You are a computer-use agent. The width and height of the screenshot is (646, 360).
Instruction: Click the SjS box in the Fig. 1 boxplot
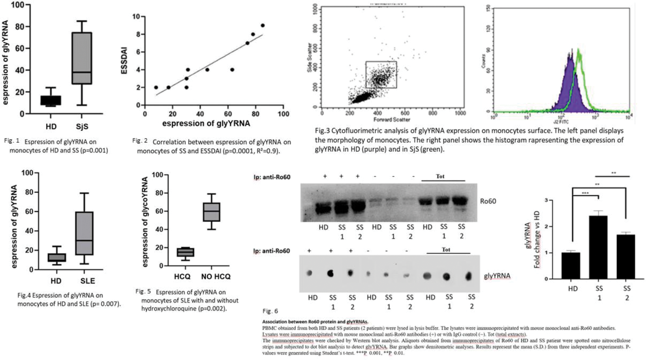[x=81, y=58]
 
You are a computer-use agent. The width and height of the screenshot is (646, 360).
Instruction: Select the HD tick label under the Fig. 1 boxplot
[x=51, y=127]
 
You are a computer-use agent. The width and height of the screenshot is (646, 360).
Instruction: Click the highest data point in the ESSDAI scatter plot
[x=262, y=26]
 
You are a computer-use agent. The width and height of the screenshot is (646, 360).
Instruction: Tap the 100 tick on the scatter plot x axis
[x=283, y=114]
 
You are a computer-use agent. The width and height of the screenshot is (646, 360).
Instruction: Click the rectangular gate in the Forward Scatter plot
[x=381, y=75]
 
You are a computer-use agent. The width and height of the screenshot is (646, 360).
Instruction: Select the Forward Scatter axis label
[x=392, y=120]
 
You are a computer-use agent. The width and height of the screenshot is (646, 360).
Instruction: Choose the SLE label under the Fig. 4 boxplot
[x=87, y=281]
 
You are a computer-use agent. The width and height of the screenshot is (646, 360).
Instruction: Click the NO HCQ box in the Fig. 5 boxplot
[x=211, y=212]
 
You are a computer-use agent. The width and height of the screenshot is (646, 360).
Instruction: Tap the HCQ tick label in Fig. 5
[x=182, y=276]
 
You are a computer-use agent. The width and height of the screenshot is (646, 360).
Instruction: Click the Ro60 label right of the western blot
[x=488, y=201]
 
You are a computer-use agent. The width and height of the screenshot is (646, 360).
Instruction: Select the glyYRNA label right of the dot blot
[x=497, y=276]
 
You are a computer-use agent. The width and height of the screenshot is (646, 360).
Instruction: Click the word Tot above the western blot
[x=440, y=176]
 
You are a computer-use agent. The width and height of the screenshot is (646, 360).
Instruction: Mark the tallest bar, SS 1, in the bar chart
[x=598, y=247]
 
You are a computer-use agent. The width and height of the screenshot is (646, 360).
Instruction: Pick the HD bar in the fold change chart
[x=570, y=266]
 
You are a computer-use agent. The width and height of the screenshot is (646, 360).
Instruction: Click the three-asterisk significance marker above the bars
[x=585, y=193]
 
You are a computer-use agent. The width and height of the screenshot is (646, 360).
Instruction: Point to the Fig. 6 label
[x=270, y=311]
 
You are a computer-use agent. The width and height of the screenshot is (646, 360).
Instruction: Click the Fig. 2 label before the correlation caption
[x=140, y=141]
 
